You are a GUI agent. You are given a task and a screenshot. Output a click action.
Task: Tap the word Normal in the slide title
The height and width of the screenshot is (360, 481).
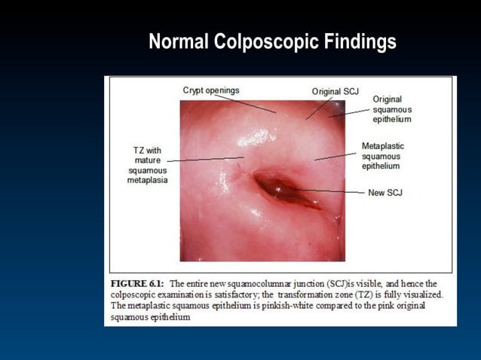pyautogui.click(x=179, y=42)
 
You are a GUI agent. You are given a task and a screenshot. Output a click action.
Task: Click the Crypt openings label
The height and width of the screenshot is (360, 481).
pyautogui.click(x=211, y=90)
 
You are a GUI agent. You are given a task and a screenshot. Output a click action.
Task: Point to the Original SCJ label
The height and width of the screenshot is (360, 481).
pyautogui.click(x=335, y=91)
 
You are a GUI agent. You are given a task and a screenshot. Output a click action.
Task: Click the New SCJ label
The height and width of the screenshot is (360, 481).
pyautogui.click(x=385, y=193)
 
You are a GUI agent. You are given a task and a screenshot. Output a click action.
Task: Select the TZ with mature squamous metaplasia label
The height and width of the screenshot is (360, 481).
pyautogui.click(x=147, y=165)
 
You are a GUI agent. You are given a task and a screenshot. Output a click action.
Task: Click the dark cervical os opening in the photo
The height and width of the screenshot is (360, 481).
pyautogui.click(x=275, y=185)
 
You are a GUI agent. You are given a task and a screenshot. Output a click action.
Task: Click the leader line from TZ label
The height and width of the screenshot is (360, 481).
pyautogui.click(x=204, y=159)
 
